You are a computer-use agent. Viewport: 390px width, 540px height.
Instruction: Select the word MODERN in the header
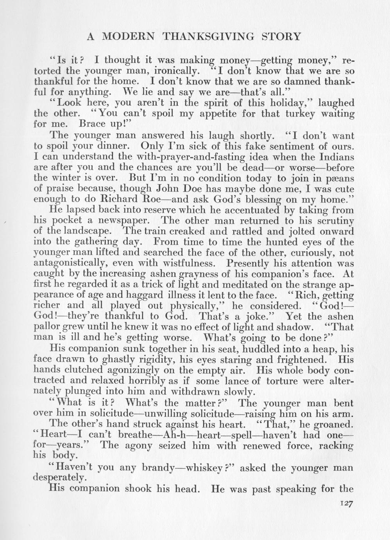(x=128, y=37)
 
